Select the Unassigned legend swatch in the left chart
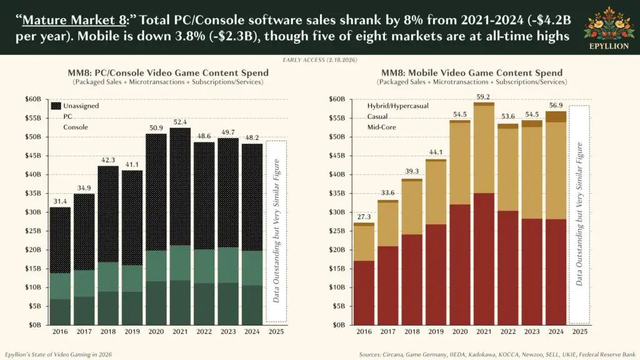coord(56,106)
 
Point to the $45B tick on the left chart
coord(32,156)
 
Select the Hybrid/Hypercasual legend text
coord(398,106)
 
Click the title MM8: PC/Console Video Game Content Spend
coord(168,73)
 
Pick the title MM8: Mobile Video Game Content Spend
coord(472,73)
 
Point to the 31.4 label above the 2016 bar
coord(60,201)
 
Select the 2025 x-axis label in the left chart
coord(276,332)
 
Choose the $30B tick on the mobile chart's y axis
coord(336,212)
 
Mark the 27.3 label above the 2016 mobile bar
coord(364,216)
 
